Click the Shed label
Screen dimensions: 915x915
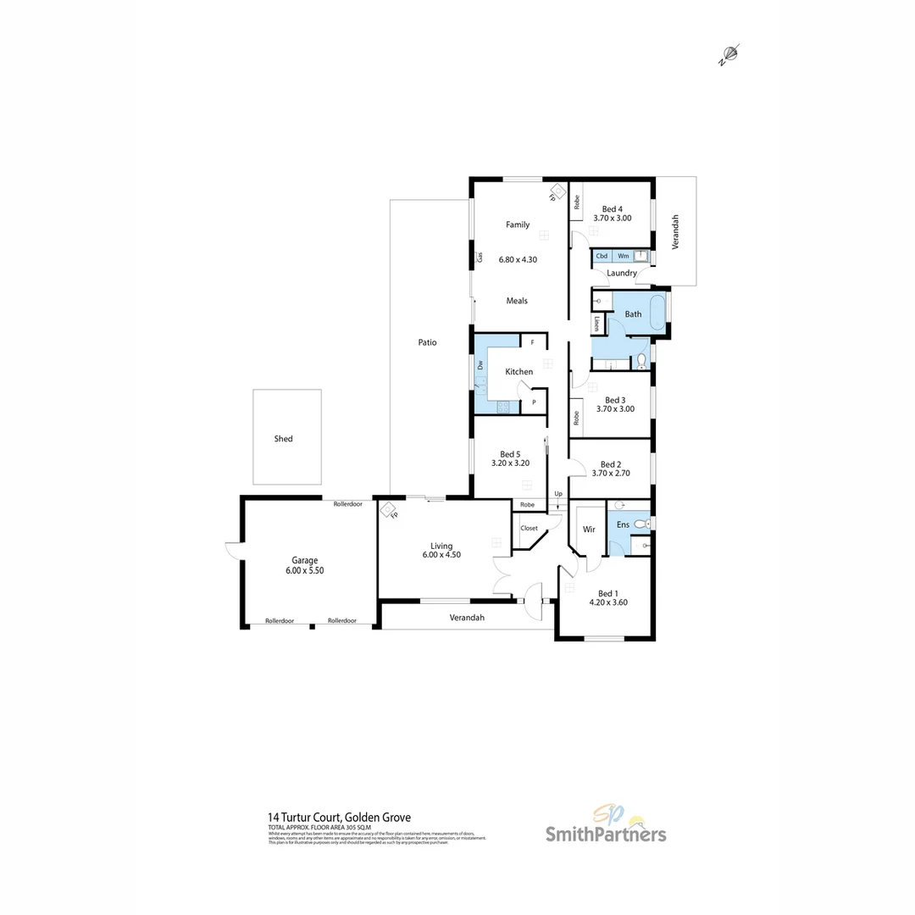(283, 439)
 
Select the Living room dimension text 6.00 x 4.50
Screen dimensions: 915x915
(441, 556)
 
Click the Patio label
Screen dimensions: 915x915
(427, 342)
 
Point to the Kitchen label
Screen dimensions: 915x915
(518, 372)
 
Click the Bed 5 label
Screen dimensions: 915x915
(510, 454)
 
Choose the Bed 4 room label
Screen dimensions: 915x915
(612, 208)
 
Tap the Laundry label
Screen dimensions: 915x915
(622, 273)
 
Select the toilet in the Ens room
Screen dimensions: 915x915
(640, 524)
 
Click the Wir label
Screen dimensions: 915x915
(589, 530)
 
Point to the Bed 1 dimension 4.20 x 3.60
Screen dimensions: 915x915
(608, 602)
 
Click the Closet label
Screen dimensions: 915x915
(529, 528)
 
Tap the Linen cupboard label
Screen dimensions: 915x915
(597, 324)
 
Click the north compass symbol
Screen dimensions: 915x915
(730, 54)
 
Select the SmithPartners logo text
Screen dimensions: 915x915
(605, 835)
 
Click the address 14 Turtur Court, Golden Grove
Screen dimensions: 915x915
(339, 818)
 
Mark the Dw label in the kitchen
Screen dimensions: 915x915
(480, 365)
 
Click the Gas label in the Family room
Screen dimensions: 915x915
(480, 256)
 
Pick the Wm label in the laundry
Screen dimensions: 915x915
(623, 255)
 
